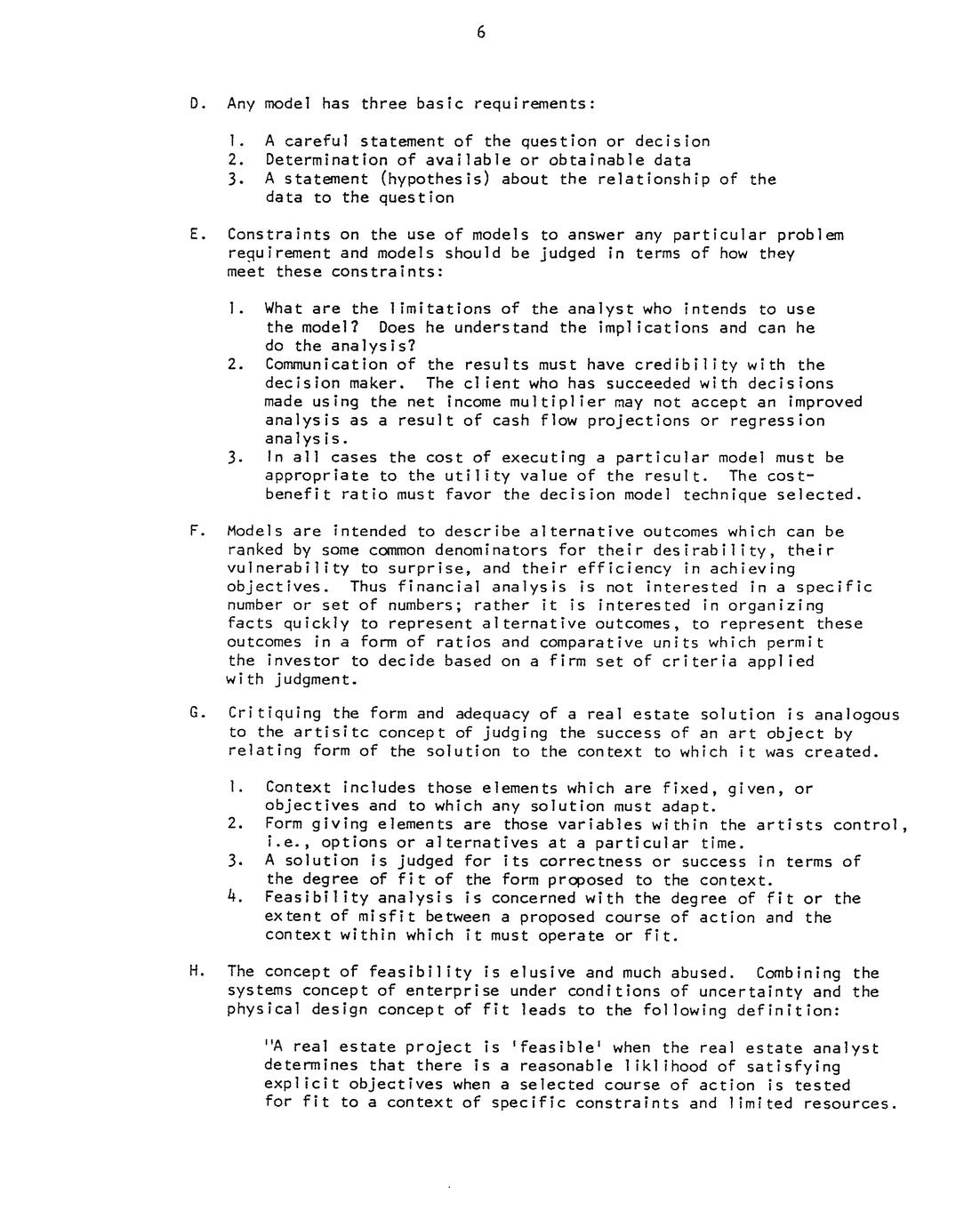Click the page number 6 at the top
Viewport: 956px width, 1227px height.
point(480,33)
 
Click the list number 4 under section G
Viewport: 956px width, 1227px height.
point(233,898)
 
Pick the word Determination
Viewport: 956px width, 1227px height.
point(326,160)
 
